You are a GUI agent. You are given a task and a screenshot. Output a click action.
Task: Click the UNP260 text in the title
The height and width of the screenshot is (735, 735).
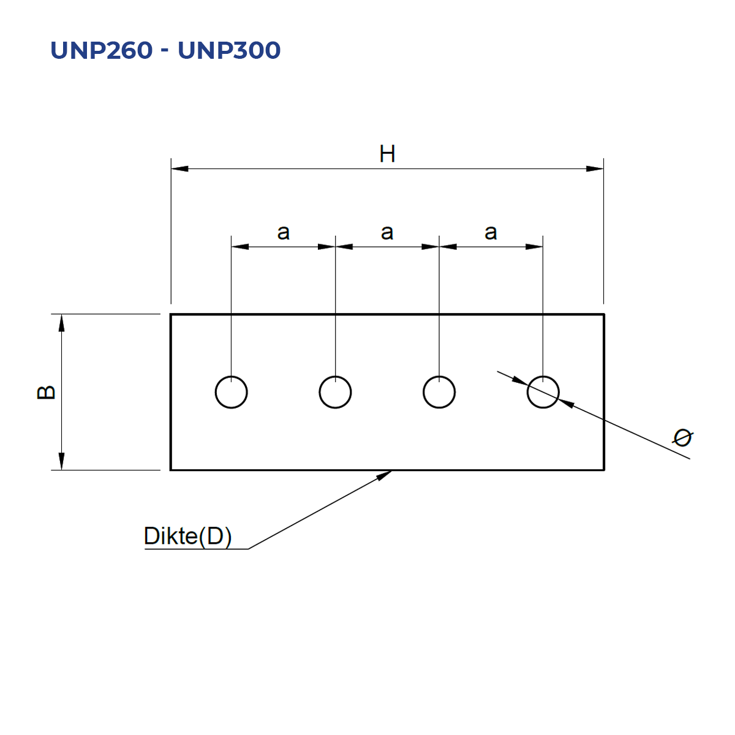(x=102, y=50)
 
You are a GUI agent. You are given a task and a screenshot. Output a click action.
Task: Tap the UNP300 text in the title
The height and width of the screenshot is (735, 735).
(x=229, y=50)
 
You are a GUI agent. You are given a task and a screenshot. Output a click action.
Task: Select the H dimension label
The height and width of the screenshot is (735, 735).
(x=387, y=154)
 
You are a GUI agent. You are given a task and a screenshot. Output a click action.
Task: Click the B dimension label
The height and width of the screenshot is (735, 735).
(x=46, y=392)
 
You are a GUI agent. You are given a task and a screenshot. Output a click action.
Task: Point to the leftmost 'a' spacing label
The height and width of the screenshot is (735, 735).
(x=283, y=232)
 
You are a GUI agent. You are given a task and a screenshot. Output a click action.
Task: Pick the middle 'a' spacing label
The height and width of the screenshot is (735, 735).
(x=386, y=232)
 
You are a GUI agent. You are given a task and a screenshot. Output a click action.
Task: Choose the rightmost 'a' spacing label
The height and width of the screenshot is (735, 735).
(x=491, y=232)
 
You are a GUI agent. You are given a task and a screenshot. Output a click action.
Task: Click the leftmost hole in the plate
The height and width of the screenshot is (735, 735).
(x=216, y=392)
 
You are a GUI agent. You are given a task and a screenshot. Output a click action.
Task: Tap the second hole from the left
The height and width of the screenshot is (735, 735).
(x=319, y=392)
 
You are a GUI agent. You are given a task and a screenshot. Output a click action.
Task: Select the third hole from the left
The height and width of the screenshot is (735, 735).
(x=423, y=392)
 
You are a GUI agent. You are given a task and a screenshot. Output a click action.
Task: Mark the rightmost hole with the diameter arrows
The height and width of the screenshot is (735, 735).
(x=527, y=392)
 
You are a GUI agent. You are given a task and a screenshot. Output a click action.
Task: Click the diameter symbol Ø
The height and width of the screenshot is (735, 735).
(x=682, y=437)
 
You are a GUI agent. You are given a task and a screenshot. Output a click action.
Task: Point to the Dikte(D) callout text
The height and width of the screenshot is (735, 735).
(x=187, y=535)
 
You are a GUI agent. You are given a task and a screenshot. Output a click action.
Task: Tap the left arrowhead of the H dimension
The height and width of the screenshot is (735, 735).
(x=179, y=168)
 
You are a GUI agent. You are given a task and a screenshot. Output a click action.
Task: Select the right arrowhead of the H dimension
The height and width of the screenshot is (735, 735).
(x=595, y=168)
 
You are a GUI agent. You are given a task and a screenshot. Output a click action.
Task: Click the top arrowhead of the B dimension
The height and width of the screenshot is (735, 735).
(x=61, y=323)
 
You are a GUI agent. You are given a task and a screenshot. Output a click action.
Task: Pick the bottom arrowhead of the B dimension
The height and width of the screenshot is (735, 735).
(x=61, y=461)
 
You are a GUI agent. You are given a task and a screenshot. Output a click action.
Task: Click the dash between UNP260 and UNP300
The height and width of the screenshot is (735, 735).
(x=165, y=50)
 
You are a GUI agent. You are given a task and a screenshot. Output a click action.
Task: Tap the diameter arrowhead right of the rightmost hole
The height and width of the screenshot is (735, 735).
(x=567, y=403)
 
